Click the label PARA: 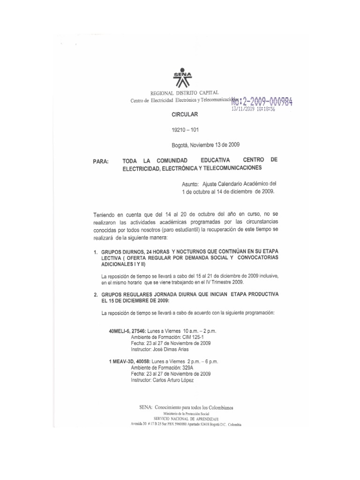(101, 162)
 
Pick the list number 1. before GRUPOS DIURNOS (95, 252)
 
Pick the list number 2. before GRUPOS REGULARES (95, 295)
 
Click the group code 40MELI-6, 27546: (127, 331)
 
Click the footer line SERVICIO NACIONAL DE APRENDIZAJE (186, 419)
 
